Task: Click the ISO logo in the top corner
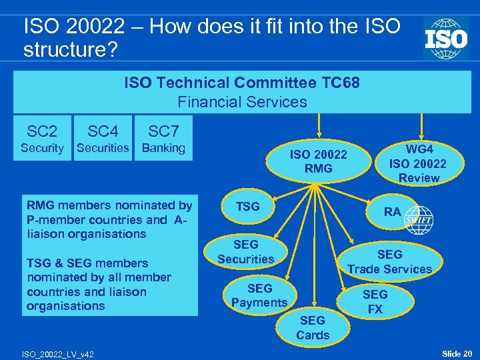(x=445, y=39)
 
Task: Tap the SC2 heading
(x=42, y=131)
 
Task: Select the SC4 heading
(x=103, y=131)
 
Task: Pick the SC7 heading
(x=163, y=131)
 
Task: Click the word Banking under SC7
(x=163, y=148)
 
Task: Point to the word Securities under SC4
(x=103, y=148)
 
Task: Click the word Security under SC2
(x=42, y=148)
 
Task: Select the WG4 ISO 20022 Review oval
(x=418, y=163)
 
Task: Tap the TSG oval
(x=248, y=207)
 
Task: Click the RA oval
(x=393, y=211)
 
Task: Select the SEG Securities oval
(x=245, y=252)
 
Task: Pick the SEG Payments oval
(x=259, y=295)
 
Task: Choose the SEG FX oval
(x=375, y=301)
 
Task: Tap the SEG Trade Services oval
(x=390, y=261)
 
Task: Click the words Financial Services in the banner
(x=242, y=102)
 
